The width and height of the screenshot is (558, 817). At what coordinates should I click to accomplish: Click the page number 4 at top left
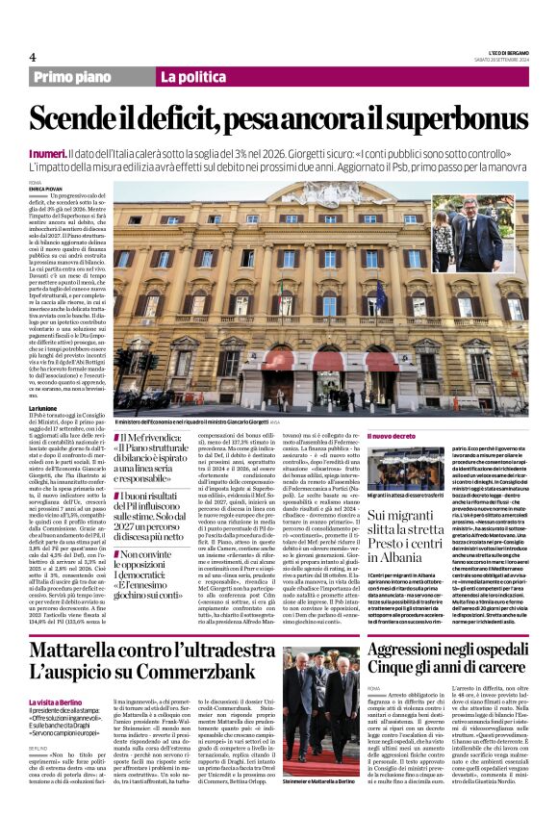coord(33,57)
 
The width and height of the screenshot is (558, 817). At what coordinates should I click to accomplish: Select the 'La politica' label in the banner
coord(193,77)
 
